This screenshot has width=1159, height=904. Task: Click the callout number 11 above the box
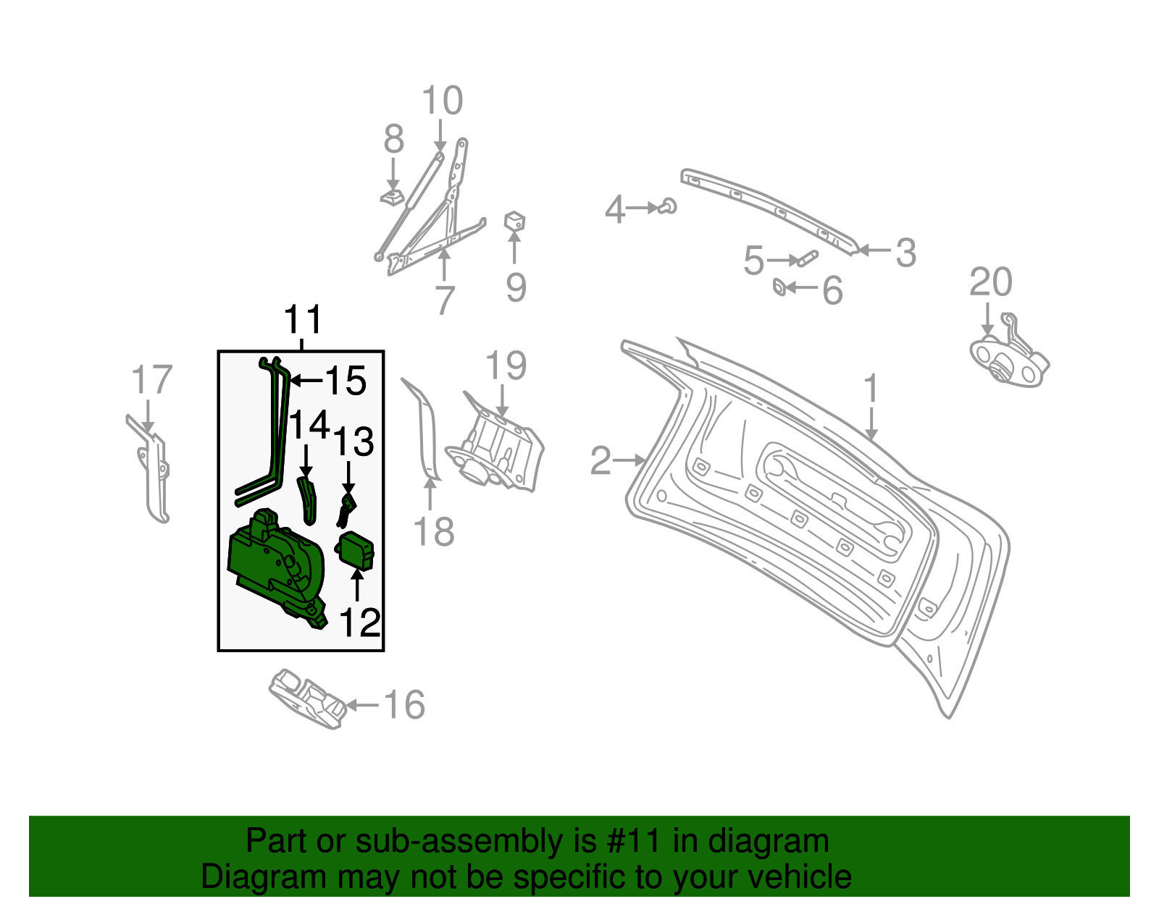(x=302, y=320)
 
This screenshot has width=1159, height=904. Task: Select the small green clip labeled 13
(x=347, y=508)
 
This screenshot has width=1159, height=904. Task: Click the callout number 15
(x=346, y=381)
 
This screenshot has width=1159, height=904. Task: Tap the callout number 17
(x=151, y=381)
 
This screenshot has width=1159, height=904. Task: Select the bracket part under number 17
(x=154, y=470)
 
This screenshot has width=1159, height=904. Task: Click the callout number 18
(x=433, y=532)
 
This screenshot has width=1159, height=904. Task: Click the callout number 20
(x=990, y=282)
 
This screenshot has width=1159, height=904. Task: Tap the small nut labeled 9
(x=514, y=221)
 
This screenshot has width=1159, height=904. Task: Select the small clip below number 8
(x=392, y=198)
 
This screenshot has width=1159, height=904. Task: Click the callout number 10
(x=442, y=101)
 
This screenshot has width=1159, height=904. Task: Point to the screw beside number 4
(x=668, y=206)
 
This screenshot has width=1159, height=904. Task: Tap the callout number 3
(x=905, y=253)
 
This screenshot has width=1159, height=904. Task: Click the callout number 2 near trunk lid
(x=601, y=461)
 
